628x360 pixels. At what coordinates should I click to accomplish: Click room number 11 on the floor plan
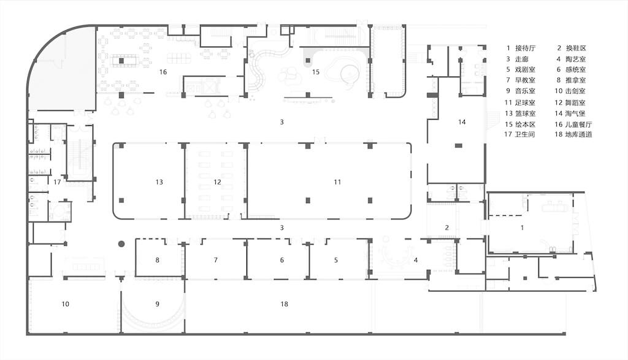[x=337, y=182]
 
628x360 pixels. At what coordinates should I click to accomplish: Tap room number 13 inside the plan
[x=159, y=182]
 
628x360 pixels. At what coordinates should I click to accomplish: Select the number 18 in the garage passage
[x=284, y=304]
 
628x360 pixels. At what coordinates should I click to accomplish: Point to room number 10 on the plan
[x=66, y=304]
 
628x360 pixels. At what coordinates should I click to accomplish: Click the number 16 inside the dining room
[x=163, y=72]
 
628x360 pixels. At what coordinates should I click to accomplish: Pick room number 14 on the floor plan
[x=462, y=122]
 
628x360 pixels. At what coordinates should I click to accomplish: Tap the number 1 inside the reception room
[x=522, y=228]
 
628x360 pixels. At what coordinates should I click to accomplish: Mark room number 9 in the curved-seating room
[x=157, y=304]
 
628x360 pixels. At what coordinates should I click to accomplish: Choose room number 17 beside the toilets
[x=56, y=182]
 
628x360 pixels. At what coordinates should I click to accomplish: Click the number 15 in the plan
[x=315, y=72]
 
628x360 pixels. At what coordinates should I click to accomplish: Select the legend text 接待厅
[x=526, y=48]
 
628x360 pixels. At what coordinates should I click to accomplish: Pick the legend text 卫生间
[x=526, y=135]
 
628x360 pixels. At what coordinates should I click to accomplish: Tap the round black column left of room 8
[x=121, y=244]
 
